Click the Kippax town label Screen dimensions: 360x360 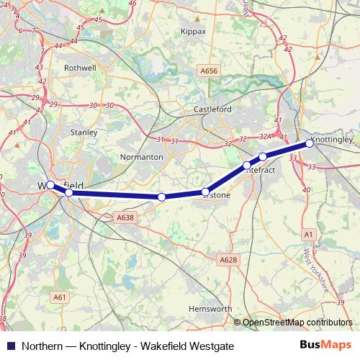point(192,32)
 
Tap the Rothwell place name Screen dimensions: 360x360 point(80,68)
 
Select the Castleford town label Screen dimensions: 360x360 point(210,109)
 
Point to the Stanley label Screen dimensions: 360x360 point(84,132)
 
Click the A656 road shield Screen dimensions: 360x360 point(209,71)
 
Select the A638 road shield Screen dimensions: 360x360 point(125,217)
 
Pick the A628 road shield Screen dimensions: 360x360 point(228,259)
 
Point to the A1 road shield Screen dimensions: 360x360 point(309,235)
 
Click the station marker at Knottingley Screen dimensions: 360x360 point(310,143)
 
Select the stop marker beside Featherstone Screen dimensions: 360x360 point(206,192)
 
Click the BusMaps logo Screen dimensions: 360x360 point(325,346)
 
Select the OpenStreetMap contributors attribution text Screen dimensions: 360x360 point(297,323)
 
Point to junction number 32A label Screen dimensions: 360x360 point(265,136)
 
